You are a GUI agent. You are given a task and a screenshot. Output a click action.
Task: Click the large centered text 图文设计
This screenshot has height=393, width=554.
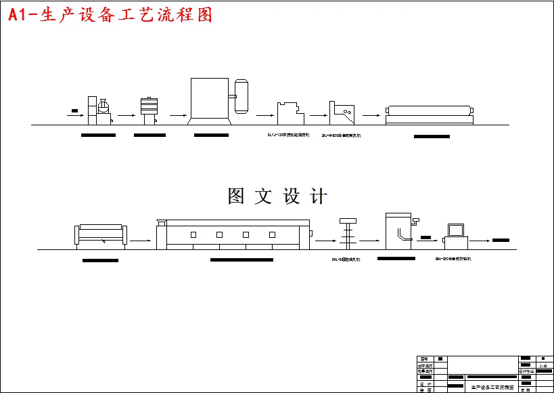(x=277, y=196)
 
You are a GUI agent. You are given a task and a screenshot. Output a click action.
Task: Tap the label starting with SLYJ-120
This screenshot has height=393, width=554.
(x=288, y=136)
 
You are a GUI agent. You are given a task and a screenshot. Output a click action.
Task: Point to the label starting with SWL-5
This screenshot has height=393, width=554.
(x=350, y=259)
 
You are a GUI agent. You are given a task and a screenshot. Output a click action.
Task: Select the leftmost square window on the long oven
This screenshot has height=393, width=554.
(x=193, y=234)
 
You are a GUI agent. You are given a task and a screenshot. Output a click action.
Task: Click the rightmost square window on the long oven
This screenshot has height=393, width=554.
(x=272, y=234)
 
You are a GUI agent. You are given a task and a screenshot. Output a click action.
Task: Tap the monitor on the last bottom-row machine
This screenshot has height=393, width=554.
(x=454, y=229)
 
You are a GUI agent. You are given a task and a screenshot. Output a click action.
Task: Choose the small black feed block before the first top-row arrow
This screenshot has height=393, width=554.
(x=74, y=110)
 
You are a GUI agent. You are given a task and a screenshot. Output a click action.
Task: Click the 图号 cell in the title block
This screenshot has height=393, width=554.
(x=424, y=358)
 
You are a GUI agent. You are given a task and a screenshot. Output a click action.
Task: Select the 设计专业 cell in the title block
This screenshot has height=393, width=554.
(x=526, y=371)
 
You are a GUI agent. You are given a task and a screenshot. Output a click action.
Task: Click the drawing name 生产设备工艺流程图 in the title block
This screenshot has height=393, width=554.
(x=492, y=388)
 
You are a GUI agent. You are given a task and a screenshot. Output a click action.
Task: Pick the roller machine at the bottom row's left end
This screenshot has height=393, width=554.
(x=100, y=235)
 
